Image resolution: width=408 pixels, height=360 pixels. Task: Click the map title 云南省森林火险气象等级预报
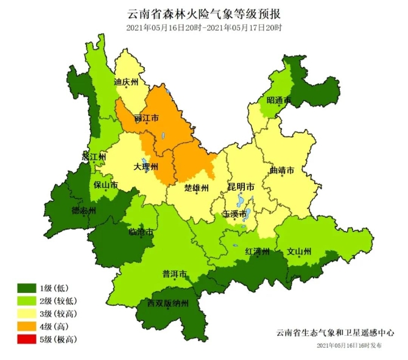(205, 13)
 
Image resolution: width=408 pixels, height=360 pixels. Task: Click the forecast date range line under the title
(205, 28)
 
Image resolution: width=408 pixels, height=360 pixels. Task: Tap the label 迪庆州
(126, 81)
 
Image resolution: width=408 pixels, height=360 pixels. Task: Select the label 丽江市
(146, 118)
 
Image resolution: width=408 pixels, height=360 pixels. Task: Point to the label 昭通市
(279, 100)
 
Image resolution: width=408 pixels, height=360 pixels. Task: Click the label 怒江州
(94, 157)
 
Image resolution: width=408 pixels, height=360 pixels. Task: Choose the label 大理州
(146, 166)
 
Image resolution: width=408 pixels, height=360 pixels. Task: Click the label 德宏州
(84, 211)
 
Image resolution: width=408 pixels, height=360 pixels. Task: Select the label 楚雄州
(197, 187)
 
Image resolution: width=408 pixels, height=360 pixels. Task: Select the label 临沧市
(141, 232)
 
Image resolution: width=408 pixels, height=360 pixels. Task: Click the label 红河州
(257, 251)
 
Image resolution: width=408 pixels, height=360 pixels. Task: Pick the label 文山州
(299, 251)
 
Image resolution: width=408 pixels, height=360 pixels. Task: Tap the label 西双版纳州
(168, 303)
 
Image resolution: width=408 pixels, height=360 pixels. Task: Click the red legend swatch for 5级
(26, 339)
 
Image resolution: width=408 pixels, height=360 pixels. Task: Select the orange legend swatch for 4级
(26, 326)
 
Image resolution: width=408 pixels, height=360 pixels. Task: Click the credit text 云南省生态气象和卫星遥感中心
(334, 333)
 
